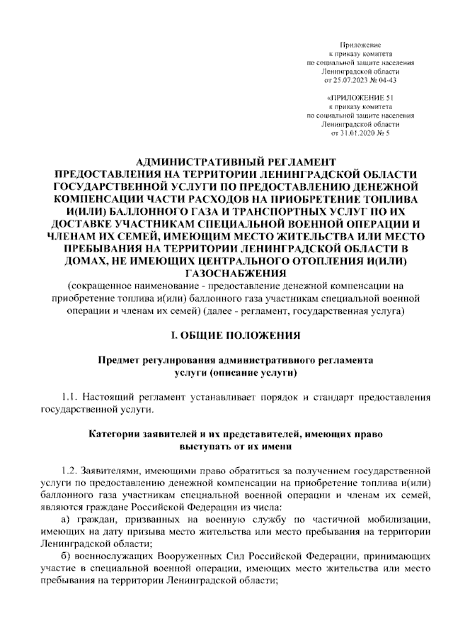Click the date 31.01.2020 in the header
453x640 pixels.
(357, 132)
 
